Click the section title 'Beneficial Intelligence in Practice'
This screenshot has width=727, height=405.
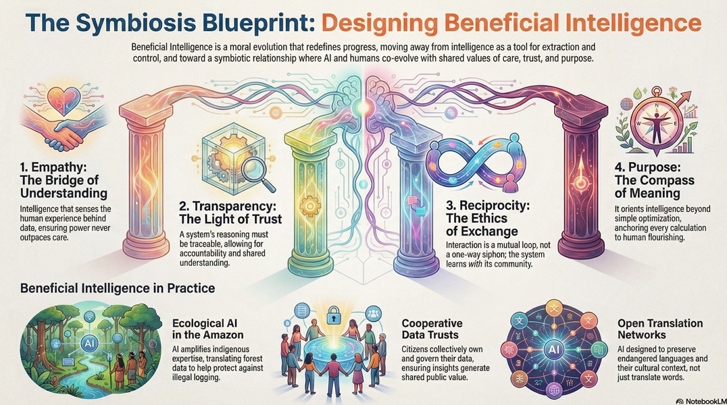(x=118, y=288)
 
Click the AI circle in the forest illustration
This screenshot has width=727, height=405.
(x=89, y=343)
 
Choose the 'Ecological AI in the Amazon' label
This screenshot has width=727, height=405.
(x=207, y=329)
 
